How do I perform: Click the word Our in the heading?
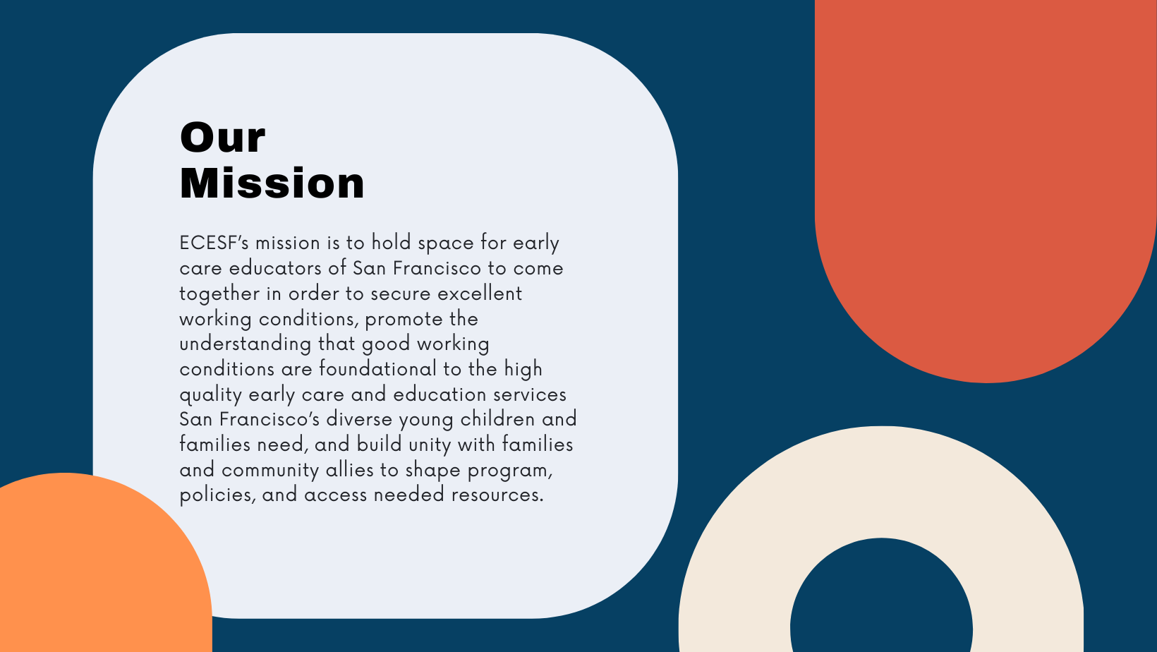click(223, 138)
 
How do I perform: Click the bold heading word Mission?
click(272, 183)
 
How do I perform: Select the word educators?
click(275, 268)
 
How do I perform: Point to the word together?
click(219, 294)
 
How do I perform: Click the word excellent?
click(480, 294)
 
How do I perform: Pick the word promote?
click(404, 319)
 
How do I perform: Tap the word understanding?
click(246, 344)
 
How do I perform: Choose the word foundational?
click(377, 369)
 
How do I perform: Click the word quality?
click(211, 395)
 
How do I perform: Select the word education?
click(440, 394)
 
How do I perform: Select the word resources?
click(497, 495)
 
